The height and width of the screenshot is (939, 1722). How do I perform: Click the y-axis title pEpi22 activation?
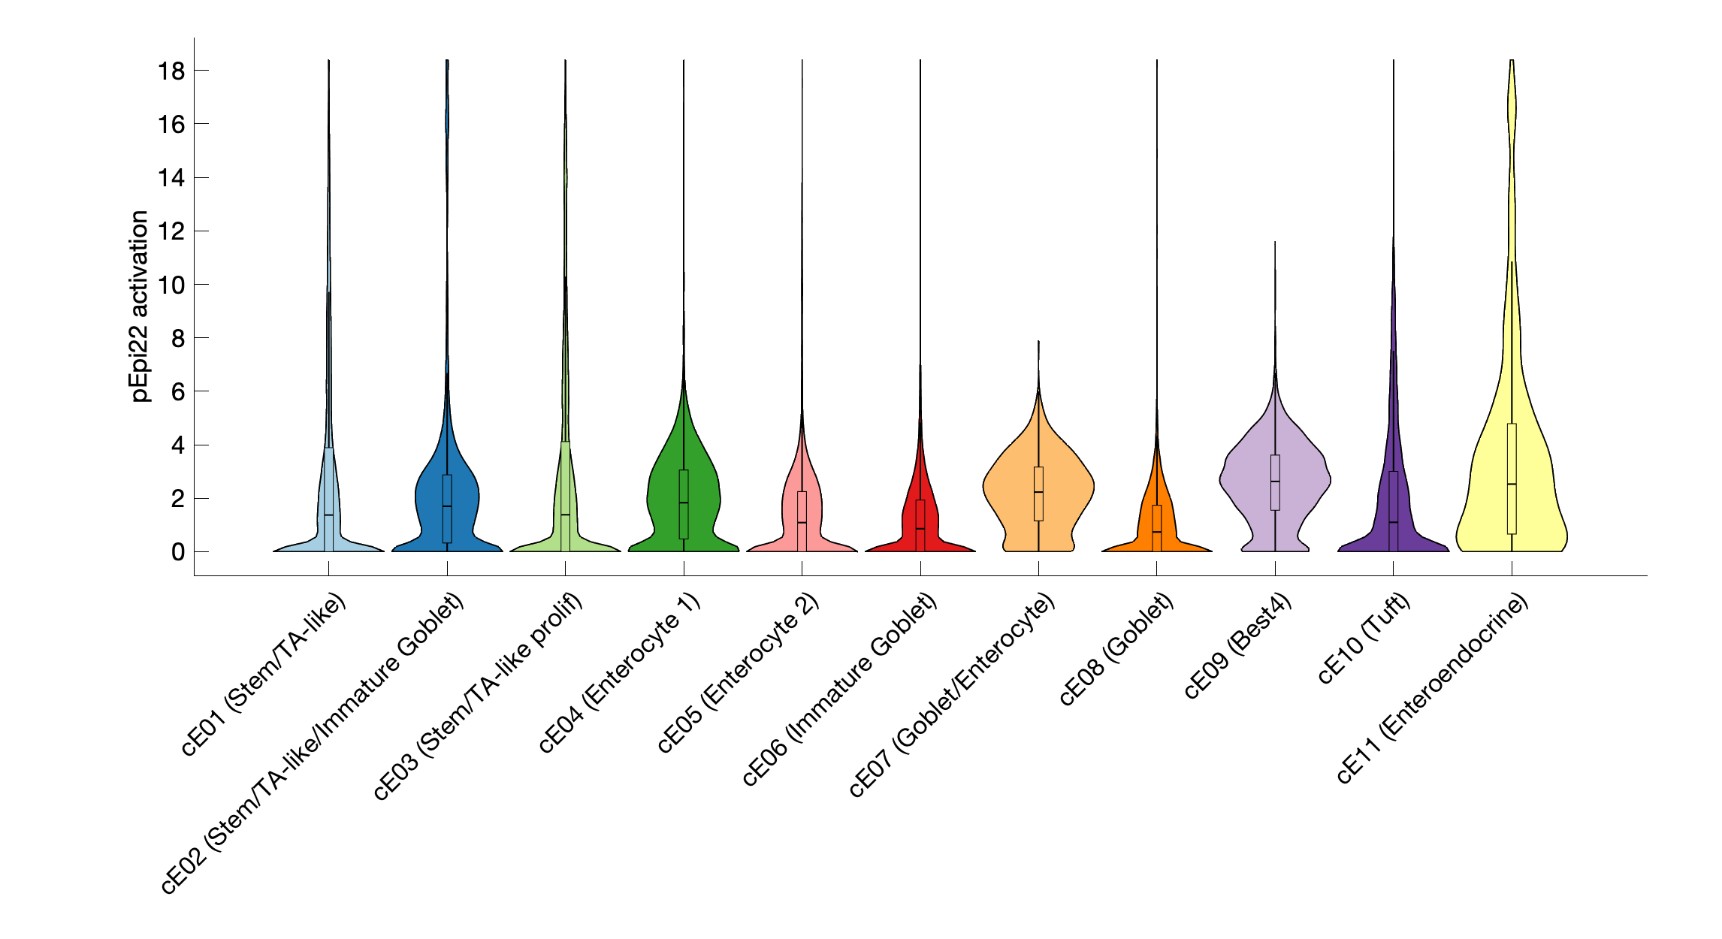(x=140, y=306)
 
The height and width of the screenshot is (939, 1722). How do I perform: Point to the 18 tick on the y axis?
(x=171, y=71)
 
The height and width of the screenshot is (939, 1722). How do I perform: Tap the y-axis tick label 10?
(x=171, y=285)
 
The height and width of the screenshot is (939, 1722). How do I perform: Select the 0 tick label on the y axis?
(x=178, y=552)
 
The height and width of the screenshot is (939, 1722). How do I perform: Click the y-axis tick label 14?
(x=171, y=178)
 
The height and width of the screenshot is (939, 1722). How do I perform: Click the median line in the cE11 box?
(x=1512, y=484)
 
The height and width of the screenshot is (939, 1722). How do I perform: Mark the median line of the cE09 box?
(x=1275, y=482)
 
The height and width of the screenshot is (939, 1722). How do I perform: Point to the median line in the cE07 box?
(x=1038, y=492)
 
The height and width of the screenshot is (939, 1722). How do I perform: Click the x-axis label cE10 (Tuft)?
(x=1363, y=639)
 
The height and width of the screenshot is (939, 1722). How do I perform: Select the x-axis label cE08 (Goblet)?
(x=1116, y=651)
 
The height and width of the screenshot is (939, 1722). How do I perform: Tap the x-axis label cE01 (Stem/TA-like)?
(x=264, y=675)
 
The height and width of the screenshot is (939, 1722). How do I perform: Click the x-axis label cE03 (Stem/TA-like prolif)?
(x=477, y=697)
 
